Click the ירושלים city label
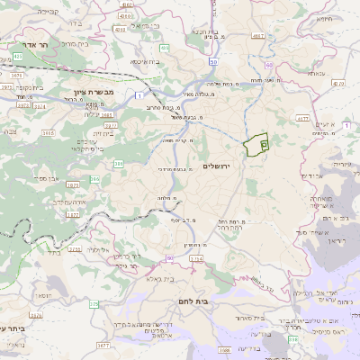pos(218,166)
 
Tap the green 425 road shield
pos(18,56)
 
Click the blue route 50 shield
pos(213,61)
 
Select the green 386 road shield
pos(119,163)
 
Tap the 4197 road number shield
pos(258,36)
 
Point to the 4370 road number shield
pos(337,82)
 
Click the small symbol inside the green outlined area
pos(264,143)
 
